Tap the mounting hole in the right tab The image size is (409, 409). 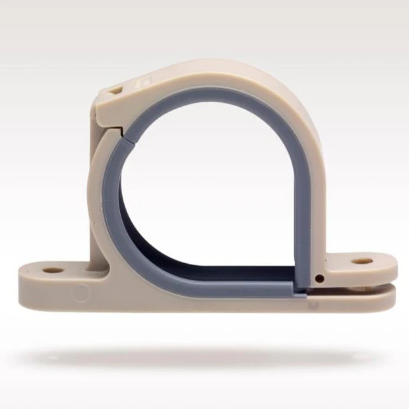361,261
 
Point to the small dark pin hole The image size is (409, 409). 319,278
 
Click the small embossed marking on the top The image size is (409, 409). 141,82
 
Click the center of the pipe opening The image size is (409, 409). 208,191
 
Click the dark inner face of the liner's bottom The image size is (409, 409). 218,270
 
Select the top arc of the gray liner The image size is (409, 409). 211,100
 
